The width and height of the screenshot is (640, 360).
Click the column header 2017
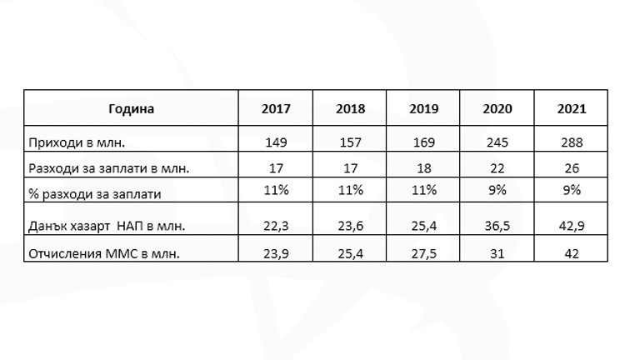coord(276,109)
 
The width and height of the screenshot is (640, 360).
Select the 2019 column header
coord(424,109)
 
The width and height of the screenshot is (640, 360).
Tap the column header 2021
coord(572,109)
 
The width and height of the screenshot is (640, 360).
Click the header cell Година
coord(132,109)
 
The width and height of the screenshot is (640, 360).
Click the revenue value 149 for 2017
coord(276,142)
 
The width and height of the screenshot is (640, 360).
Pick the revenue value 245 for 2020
coord(498,142)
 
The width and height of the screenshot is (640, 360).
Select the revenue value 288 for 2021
coord(572,142)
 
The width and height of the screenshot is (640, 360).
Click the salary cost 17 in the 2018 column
coord(350,167)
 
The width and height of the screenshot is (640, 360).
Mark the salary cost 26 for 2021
coord(572,167)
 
